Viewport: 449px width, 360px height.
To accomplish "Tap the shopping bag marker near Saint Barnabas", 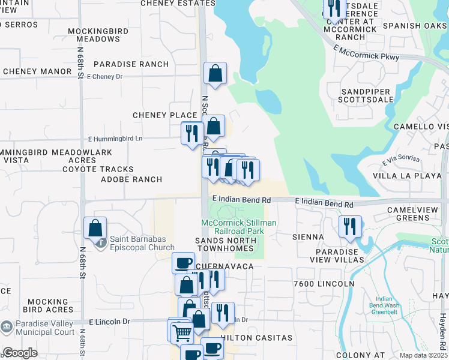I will [x=95, y=229].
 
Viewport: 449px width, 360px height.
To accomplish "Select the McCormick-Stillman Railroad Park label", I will [x=239, y=227].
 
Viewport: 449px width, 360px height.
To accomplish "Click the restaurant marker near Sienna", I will [x=349, y=227].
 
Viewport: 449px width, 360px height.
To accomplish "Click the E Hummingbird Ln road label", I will [x=113, y=138].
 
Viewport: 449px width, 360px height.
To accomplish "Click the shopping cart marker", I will [x=182, y=332].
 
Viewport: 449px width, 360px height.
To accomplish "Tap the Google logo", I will [x=20, y=353].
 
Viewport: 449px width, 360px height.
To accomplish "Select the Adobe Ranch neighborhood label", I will [x=131, y=179].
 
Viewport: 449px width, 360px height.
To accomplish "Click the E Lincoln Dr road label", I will [x=109, y=322].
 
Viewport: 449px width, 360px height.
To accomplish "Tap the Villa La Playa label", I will [x=403, y=176].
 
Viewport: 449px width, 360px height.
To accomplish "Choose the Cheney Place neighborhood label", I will [x=165, y=115].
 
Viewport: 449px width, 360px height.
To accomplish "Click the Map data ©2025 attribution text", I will [x=423, y=355].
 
